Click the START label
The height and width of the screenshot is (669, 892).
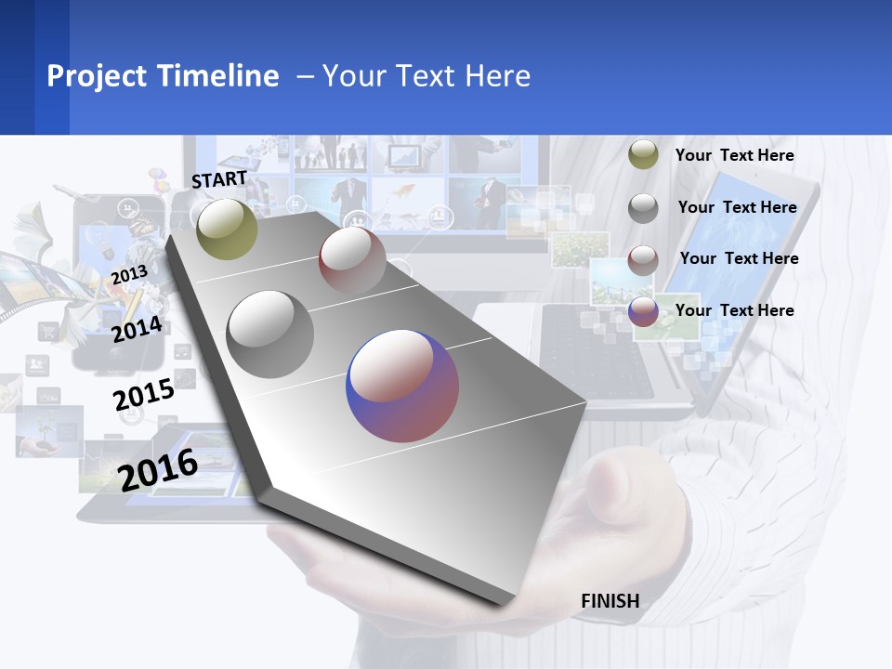tap(219, 178)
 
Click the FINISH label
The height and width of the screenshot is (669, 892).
tap(610, 601)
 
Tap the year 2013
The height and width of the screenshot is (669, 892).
tap(129, 274)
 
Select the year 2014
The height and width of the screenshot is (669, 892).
tap(137, 329)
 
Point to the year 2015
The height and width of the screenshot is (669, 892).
tap(144, 395)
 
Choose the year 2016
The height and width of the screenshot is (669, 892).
tap(158, 469)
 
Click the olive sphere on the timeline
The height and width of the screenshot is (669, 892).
tap(228, 229)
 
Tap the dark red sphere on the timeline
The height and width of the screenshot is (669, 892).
tap(352, 259)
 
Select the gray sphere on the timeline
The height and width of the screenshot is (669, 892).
tap(270, 334)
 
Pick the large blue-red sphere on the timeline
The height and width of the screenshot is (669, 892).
tap(402, 386)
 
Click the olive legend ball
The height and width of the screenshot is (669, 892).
tap(643, 155)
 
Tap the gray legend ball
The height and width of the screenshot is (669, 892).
tap(643, 208)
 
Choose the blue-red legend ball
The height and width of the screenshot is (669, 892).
tap(643, 311)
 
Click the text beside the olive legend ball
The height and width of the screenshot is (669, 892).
tap(734, 155)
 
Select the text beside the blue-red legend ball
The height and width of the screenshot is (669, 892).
tap(734, 310)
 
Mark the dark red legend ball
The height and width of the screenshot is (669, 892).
tap(643, 260)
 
